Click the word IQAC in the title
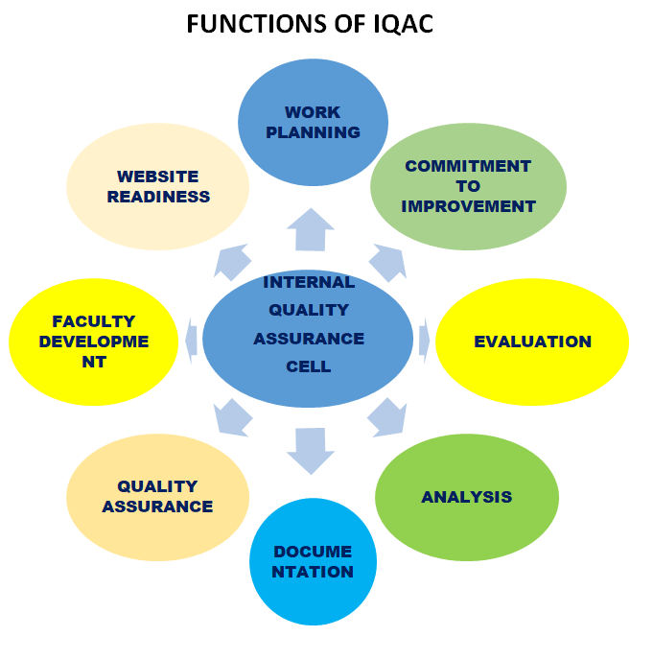coord(399,24)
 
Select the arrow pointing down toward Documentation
coord(311,449)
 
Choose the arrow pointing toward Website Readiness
coord(234,261)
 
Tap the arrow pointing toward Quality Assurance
coord(233,417)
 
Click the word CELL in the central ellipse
coord(309,366)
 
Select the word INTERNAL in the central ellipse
coord(309,282)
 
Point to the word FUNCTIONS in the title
coord(255,24)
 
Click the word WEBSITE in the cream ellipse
coord(158,177)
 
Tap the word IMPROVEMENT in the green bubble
coord(468,206)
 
